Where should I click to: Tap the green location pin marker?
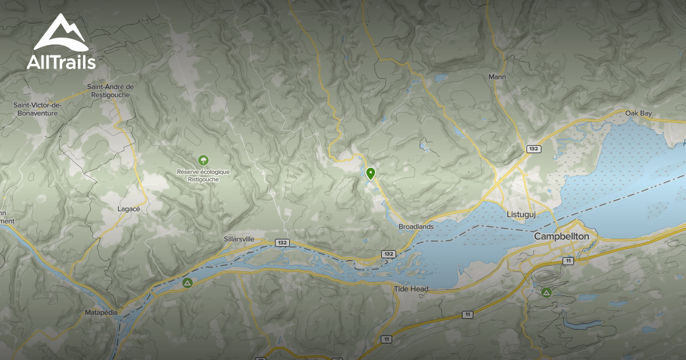click(x=370, y=173)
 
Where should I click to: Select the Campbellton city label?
click(x=561, y=236)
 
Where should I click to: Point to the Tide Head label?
click(x=411, y=289)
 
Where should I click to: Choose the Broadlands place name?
click(x=416, y=226)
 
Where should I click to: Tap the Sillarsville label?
click(x=239, y=239)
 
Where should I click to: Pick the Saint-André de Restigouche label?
click(x=110, y=91)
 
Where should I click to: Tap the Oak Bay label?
click(x=639, y=114)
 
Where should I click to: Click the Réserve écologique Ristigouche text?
click(x=203, y=175)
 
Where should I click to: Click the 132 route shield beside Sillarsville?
click(x=281, y=243)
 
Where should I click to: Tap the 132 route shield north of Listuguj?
click(x=533, y=149)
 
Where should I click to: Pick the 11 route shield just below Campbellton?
click(x=568, y=261)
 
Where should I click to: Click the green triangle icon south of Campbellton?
click(x=546, y=293)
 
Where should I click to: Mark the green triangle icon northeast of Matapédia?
click(x=187, y=282)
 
